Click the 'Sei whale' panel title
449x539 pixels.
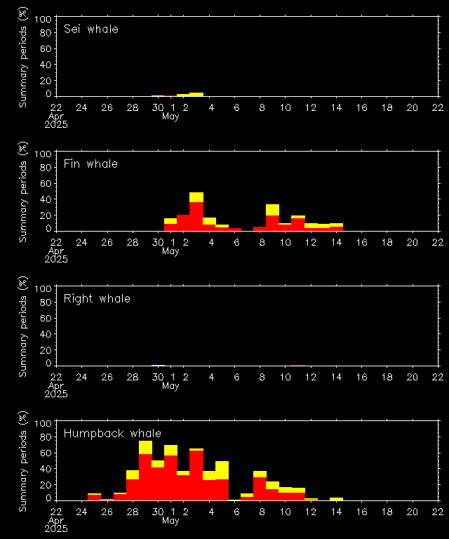(x=91, y=29)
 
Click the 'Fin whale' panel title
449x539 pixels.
(x=91, y=164)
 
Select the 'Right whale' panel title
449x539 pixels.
(x=97, y=299)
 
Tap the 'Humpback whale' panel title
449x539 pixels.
(x=112, y=434)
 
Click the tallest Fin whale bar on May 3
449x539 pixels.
(x=196, y=211)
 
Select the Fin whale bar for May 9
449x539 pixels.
(x=273, y=218)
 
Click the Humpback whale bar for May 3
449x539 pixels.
(x=196, y=474)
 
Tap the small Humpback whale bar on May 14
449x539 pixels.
(x=336, y=499)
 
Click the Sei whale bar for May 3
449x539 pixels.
(x=196, y=94)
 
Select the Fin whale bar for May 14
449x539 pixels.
(x=336, y=227)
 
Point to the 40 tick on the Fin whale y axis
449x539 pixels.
(x=46, y=199)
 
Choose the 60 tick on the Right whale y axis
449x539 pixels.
(x=46, y=319)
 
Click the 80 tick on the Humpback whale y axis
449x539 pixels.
(x=46, y=439)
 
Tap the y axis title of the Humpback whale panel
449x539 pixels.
(x=23, y=456)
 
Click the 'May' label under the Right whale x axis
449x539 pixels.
(x=170, y=385)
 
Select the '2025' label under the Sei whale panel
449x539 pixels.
(x=56, y=124)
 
